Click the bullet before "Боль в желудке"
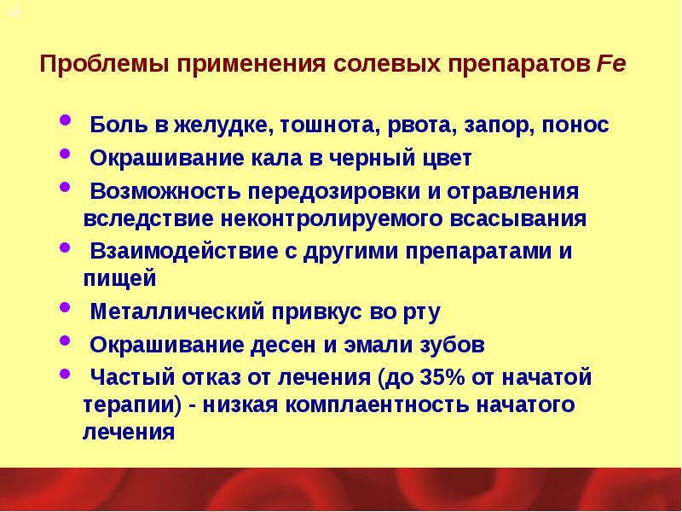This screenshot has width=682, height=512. click(68, 122)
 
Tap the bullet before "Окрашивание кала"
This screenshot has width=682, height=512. click(68, 156)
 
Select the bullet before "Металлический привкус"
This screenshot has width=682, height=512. click(68, 309)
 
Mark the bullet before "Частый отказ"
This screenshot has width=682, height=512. click(68, 374)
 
